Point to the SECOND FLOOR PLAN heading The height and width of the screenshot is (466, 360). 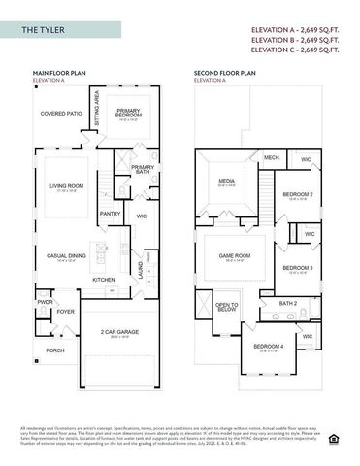tap(224, 73)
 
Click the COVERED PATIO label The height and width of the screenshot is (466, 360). tap(60, 113)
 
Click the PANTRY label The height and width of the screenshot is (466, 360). tap(111, 215)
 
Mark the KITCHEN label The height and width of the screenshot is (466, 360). tap(104, 280)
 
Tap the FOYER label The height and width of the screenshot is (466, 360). tap(65, 312)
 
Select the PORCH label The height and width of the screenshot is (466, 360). tap(55, 350)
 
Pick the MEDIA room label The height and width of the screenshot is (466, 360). tap(226, 180)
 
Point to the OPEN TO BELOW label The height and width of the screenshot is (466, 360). tap(227, 308)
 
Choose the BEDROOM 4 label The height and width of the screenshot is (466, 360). tap(268, 347)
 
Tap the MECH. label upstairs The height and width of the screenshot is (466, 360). tap(271, 157)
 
